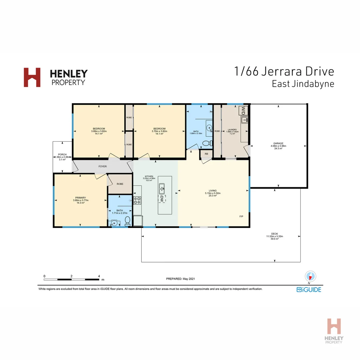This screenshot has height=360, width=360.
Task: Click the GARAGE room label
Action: [278, 143]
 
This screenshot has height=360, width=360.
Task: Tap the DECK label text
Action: [274, 234]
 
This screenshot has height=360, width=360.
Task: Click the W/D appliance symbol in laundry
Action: [244, 110]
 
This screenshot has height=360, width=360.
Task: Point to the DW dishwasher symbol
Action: [162, 199]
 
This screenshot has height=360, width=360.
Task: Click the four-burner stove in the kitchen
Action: [137, 200]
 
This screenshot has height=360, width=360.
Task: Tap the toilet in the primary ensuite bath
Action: [127, 221]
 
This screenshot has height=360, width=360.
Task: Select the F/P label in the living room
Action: [241, 217]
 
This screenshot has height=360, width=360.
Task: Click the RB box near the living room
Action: [206, 154]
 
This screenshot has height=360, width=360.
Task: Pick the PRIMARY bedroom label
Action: [80, 198]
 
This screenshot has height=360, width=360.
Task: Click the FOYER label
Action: [102, 166]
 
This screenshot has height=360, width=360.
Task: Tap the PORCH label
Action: [62, 154]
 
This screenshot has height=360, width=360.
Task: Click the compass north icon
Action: [310, 276]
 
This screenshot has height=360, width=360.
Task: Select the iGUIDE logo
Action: [309, 289]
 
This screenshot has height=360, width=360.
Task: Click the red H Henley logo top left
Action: [32, 77]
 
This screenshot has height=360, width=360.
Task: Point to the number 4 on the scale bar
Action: [99, 276]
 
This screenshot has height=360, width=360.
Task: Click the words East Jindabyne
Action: [303, 84]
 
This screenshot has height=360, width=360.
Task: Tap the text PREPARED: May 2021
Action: [180, 278]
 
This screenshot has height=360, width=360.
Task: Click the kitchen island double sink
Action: [162, 188]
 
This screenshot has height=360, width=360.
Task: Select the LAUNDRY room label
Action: [232, 130]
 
